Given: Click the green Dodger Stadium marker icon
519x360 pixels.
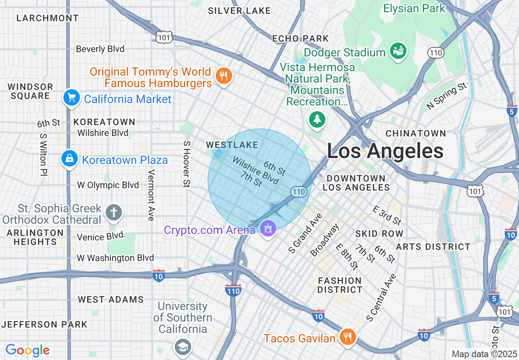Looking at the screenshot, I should click(x=398, y=51).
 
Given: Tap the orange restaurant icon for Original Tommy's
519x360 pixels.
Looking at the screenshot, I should click(x=223, y=76).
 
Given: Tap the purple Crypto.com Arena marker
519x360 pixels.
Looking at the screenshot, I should click(x=268, y=228).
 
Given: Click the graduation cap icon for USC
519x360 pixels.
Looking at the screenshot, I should click(x=182, y=347).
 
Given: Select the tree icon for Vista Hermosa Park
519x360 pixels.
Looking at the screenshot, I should click(x=317, y=119).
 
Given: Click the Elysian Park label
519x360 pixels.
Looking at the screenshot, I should click(x=414, y=8).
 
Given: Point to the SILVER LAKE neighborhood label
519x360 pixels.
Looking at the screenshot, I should click(x=239, y=11).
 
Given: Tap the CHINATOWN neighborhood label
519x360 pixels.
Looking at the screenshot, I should click(x=415, y=133).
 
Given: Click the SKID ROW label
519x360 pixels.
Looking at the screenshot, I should click(x=379, y=234).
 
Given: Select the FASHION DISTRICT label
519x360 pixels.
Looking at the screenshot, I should click(x=340, y=285).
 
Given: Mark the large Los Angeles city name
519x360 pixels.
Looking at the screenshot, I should click(x=385, y=151).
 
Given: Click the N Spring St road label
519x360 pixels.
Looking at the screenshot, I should click(x=447, y=97).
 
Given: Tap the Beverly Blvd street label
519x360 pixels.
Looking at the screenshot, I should click(x=100, y=49).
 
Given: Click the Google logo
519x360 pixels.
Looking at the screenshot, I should click(x=27, y=350).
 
